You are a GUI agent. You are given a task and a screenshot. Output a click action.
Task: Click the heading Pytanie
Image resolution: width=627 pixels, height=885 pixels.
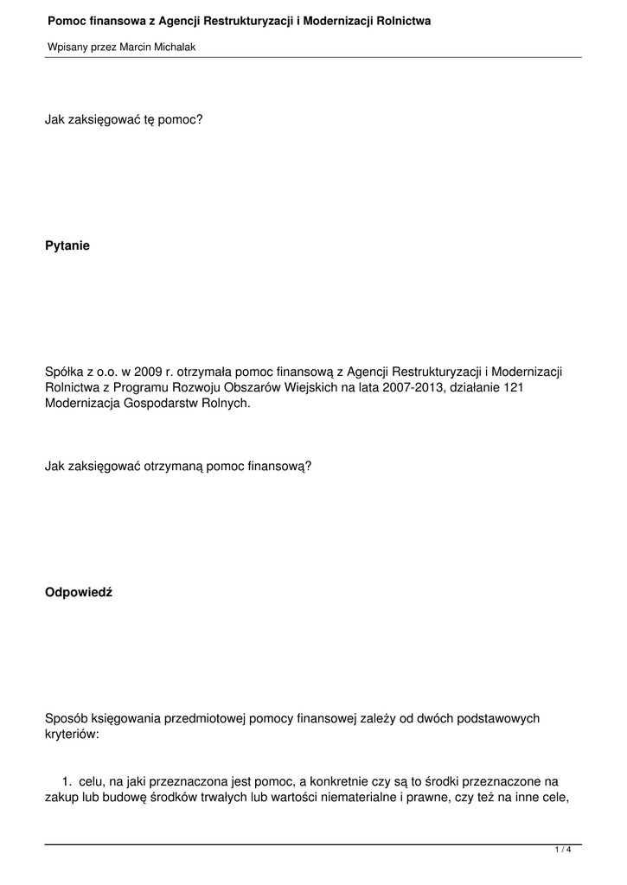click(67, 246)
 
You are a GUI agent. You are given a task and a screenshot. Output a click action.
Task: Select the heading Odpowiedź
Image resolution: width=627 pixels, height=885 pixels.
click(78, 593)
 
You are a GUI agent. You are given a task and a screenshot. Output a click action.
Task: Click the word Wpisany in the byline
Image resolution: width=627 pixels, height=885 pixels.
click(66, 48)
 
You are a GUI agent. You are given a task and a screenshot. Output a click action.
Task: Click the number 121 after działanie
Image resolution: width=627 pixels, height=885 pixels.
click(514, 388)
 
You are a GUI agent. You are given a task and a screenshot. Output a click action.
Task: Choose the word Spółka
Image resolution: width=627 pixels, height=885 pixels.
click(64, 372)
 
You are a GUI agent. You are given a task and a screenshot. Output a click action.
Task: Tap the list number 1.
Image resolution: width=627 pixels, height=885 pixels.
click(66, 782)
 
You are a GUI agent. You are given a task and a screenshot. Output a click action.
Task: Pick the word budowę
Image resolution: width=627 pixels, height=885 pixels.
click(125, 798)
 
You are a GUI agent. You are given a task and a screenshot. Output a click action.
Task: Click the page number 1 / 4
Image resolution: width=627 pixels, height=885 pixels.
click(563, 850)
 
